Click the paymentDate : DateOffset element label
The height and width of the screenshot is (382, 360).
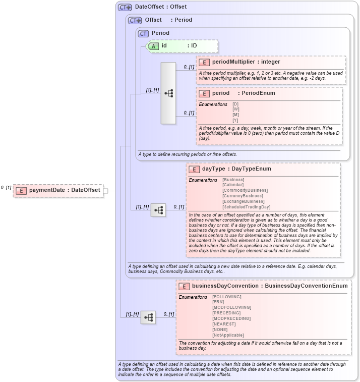[x=64, y=190]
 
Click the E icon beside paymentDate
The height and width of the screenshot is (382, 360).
[x=21, y=190]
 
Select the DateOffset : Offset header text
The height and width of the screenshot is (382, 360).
[x=160, y=7]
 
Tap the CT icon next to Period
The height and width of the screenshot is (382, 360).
[x=144, y=33]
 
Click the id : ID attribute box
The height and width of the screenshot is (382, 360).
[x=182, y=46]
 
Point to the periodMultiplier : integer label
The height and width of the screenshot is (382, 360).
[x=246, y=62]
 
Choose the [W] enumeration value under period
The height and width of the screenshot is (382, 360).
[x=235, y=109]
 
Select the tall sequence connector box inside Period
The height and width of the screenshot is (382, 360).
[x=168, y=93]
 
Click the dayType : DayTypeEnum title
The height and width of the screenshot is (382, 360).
[x=236, y=169]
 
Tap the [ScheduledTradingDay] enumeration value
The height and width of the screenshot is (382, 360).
[x=247, y=207]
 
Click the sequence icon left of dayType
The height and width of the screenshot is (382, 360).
[x=158, y=210]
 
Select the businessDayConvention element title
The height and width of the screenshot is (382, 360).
[x=262, y=286]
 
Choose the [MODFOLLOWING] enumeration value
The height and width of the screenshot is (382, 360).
[x=231, y=307]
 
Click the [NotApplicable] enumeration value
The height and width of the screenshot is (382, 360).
[x=228, y=335]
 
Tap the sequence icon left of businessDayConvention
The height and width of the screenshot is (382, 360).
[x=148, y=317]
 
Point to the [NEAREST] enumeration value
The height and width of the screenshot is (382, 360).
[x=224, y=324]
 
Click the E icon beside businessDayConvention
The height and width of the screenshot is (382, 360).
[x=185, y=286]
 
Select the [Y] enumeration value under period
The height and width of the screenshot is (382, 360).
[x=235, y=120]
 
